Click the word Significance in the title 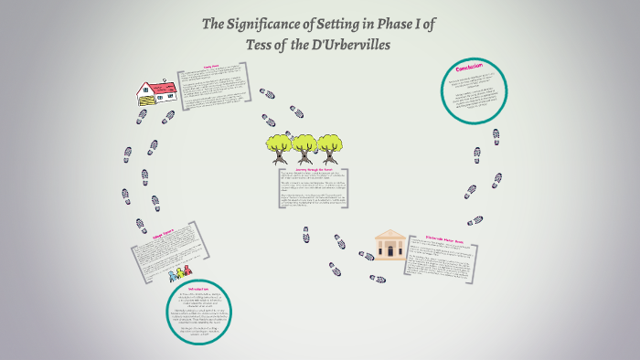pyautogui.click(x=261, y=25)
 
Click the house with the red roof pyautogui.click(x=156, y=91)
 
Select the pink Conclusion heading pyautogui.click(x=475, y=70)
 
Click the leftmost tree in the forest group pyautogui.click(x=278, y=147)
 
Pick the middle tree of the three pyautogui.click(x=304, y=147)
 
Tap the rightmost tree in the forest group pyautogui.click(x=331, y=147)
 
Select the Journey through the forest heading pyautogui.click(x=309, y=169)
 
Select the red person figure pyautogui.click(x=187, y=270)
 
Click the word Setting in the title pyautogui.click(x=339, y=25)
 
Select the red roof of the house pyautogui.click(x=162, y=86)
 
